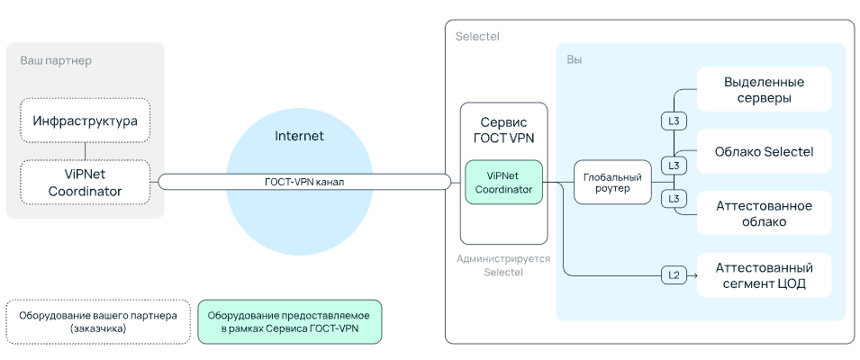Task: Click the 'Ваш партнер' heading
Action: point(56,60)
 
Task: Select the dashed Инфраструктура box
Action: point(85,121)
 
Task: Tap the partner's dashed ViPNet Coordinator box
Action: point(85,181)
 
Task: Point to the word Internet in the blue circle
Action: point(298,136)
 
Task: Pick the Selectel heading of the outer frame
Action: point(477,37)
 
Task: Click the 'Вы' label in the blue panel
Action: point(574,59)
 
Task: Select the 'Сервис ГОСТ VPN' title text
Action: point(503,130)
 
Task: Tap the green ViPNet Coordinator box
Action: point(503,182)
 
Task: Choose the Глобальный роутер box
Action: point(611,182)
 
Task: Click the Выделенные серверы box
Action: point(764,90)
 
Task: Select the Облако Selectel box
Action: point(764,151)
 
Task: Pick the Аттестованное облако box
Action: point(764,212)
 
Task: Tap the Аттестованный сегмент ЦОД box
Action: point(764,275)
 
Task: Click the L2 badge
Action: point(673,275)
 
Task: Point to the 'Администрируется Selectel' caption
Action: point(502,265)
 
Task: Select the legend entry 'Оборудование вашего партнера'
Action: point(97,322)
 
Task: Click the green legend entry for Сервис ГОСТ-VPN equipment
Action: point(289,322)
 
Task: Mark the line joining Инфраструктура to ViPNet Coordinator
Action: point(85,149)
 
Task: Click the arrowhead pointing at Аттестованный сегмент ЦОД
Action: point(694,275)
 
